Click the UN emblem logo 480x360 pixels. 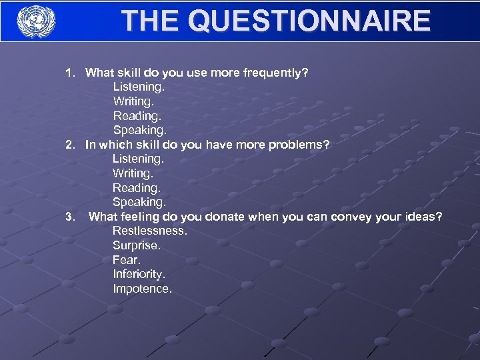click(x=36, y=21)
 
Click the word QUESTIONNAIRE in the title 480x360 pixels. click(x=310, y=21)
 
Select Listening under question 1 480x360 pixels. click(x=138, y=87)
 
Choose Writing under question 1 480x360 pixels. click(x=133, y=101)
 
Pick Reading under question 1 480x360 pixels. click(x=137, y=115)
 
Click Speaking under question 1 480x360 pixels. click(x=139, y=130)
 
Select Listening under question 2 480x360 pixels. click(x=137, y=159)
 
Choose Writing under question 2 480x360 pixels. click(x=133, y=173)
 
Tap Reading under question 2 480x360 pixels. click(x=136, y=188)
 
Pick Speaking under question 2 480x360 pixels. click(x=139, y=202)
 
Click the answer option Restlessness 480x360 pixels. click(x=149, y=231)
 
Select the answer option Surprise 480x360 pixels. click(x=137, y=245)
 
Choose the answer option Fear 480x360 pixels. click(x=127, y=260)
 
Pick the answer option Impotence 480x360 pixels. click(x=142, y=289)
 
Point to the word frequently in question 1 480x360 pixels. click(x=276, y=73)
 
